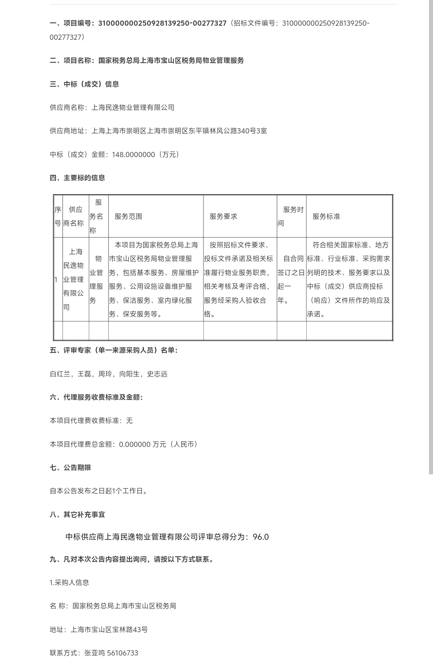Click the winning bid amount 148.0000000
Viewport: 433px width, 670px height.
click(133, 154)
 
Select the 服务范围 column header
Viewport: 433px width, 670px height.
click(128, 216)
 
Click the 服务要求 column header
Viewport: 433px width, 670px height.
click(223, 216)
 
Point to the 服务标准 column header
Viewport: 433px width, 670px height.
click(326, 216)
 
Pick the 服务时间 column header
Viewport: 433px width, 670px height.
click(291, 216)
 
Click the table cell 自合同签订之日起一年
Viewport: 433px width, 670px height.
click(291, 279)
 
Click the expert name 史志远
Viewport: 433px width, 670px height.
click(157, 374)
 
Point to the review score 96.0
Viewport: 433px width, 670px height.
click(261, 537)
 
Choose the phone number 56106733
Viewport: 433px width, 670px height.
click(123, 653)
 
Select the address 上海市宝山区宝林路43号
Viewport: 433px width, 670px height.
click(109, 629)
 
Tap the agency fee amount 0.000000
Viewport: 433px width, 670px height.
click(135, 444)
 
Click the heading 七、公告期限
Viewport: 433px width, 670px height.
click(70, 467)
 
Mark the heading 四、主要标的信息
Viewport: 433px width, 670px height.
click(77, 178)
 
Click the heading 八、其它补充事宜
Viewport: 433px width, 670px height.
click(77, 514)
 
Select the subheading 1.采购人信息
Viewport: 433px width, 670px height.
click(70, 582)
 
